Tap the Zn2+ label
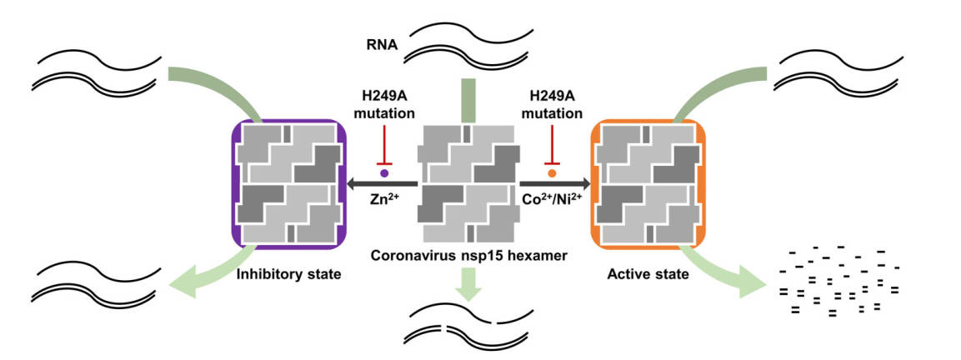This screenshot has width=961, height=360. click(384, 200)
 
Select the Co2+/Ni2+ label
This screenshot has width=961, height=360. click(552, 200)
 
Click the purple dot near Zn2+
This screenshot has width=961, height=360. click(384, 173)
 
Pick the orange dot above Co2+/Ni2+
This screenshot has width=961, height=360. click(552, 173)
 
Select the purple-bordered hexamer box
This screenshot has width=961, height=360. click(288, 185)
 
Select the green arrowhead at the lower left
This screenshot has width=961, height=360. click(187, 285)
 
